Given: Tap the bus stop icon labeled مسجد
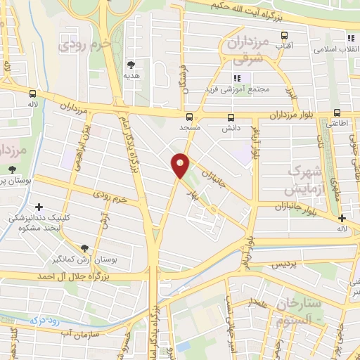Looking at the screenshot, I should [x=189, y=117].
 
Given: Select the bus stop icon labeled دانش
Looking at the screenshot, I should [x=231, y=117].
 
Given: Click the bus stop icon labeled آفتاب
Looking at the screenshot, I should [x=284, y=35].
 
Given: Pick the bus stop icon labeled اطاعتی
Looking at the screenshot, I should [x=337, y=112].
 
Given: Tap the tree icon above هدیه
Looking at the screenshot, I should [x=130, y=64].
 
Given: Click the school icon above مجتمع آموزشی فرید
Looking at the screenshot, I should [x=237, y=78].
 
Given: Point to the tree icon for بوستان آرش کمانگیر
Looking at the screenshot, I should [x=85, y=247].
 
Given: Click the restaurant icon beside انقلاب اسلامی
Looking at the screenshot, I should [x=349, y=37].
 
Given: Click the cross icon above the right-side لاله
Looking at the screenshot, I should [x=342, y=218].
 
